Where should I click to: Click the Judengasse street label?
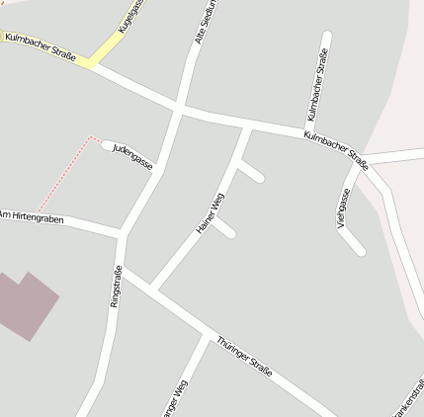click(132, 156)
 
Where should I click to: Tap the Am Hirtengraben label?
click(32, 217)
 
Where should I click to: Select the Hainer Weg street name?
click(211, 212)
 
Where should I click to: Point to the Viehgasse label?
click(343, 209)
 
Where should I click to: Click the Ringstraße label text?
click(116, 287)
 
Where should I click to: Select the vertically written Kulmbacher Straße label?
click(318, 84)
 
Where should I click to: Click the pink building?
click(24, 304)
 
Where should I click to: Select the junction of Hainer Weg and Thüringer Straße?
click(153, 288)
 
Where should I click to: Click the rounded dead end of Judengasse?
click(107, 145)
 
